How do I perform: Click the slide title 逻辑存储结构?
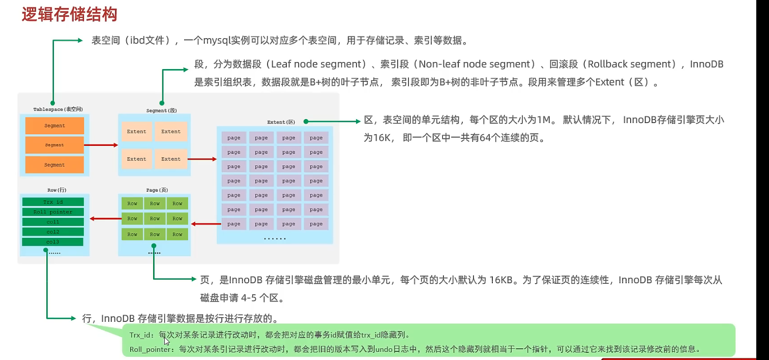(x=70, y=14)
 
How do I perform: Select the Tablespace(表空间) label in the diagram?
(x=58, y=109)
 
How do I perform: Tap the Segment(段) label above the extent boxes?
(x=161, y=110)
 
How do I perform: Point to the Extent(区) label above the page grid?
(x=281, y=122)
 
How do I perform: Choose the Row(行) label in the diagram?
(x=57, y=190)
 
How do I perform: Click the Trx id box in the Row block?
(x=53, y=202)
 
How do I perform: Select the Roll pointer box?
(x=53, y=212)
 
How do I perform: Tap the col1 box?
(x=53, y=222)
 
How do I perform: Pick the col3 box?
(x=53, y=242)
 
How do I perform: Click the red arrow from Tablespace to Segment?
(x=101, y=145)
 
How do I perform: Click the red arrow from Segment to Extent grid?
(x=202, y=159)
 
